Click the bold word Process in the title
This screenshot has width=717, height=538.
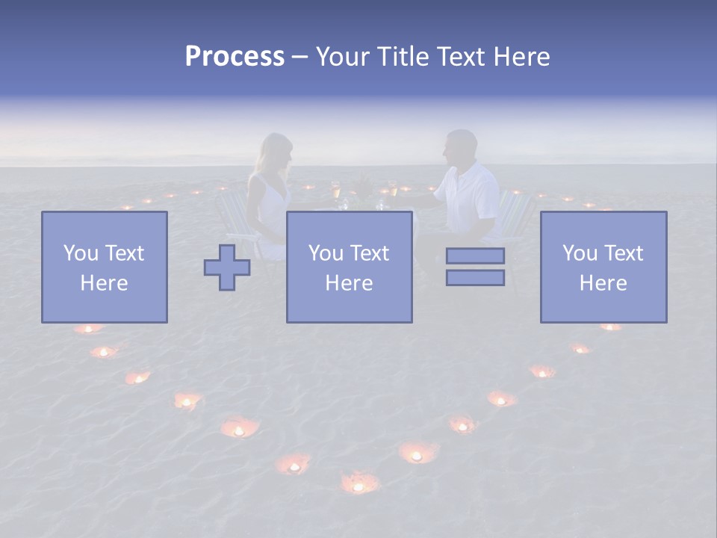tap(235, 57)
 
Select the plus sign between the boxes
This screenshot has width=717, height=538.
tap(227, 268)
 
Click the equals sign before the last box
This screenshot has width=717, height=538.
tap(475, 267)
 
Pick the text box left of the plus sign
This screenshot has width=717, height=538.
tap(104, 267)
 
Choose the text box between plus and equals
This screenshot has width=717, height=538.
tap(349, 267)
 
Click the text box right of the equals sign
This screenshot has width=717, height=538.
tap(603, 267)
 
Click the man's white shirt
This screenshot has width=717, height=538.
tap(471, 194)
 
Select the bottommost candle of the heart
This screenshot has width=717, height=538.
tap(359, 485)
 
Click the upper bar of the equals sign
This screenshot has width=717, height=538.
tap(475, 256)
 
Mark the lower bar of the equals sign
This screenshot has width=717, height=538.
tap(475, 278)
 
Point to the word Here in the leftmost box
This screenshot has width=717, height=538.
tap(104, 283)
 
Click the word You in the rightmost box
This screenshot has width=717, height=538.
tap(580, 253)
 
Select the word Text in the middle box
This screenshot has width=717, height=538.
tap(369, 253)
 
